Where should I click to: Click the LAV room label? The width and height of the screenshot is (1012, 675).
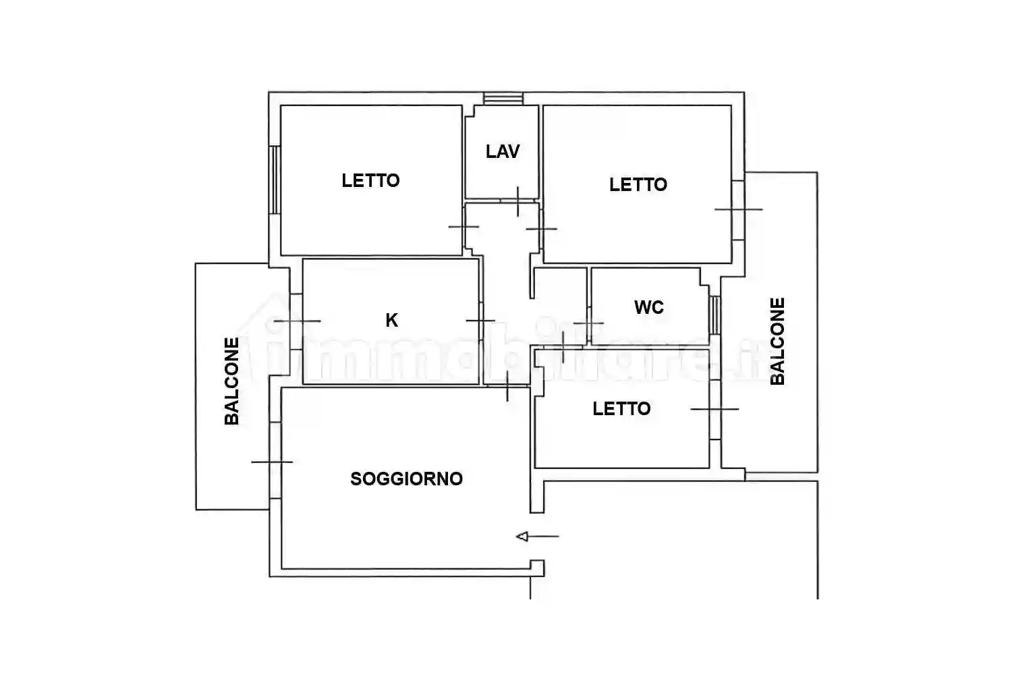tap(503, 152)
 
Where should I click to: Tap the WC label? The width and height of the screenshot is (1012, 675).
tap(649, 307)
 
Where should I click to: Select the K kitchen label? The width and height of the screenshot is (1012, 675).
tap(392, 321)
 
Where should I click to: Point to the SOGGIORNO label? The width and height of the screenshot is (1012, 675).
tap(407, 479)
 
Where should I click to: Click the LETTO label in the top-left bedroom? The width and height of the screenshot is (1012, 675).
tap(370, 181)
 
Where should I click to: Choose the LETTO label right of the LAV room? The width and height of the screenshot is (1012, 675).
tap(638, 184)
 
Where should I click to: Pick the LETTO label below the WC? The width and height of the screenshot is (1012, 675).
tap(621, 408)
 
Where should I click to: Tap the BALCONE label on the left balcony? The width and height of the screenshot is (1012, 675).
tap(232, 381)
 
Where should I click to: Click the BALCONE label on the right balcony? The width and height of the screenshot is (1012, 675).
tap(777, 342)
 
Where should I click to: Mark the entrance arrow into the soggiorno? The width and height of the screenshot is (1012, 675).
tap(538, 537)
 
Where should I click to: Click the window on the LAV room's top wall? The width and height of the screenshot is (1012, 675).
tap(503, 99)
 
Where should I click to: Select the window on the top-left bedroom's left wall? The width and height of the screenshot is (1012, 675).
tap(275, 180)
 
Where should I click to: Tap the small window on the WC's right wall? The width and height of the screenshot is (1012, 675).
tap(714, 315)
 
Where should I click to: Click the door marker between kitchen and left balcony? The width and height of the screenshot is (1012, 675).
tap(298, 321)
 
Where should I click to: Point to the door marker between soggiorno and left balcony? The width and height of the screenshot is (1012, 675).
tap(272, 462)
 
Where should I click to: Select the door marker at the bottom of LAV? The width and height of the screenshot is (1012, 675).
tap(517, 201)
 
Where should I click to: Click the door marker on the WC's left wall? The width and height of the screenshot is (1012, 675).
tap(588, 323)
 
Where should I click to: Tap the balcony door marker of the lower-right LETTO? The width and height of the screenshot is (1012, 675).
tap(714, 409)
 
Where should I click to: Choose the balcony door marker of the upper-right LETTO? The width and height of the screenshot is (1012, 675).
tap(739, 210)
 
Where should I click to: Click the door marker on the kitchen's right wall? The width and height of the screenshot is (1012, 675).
tap(480, 321)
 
